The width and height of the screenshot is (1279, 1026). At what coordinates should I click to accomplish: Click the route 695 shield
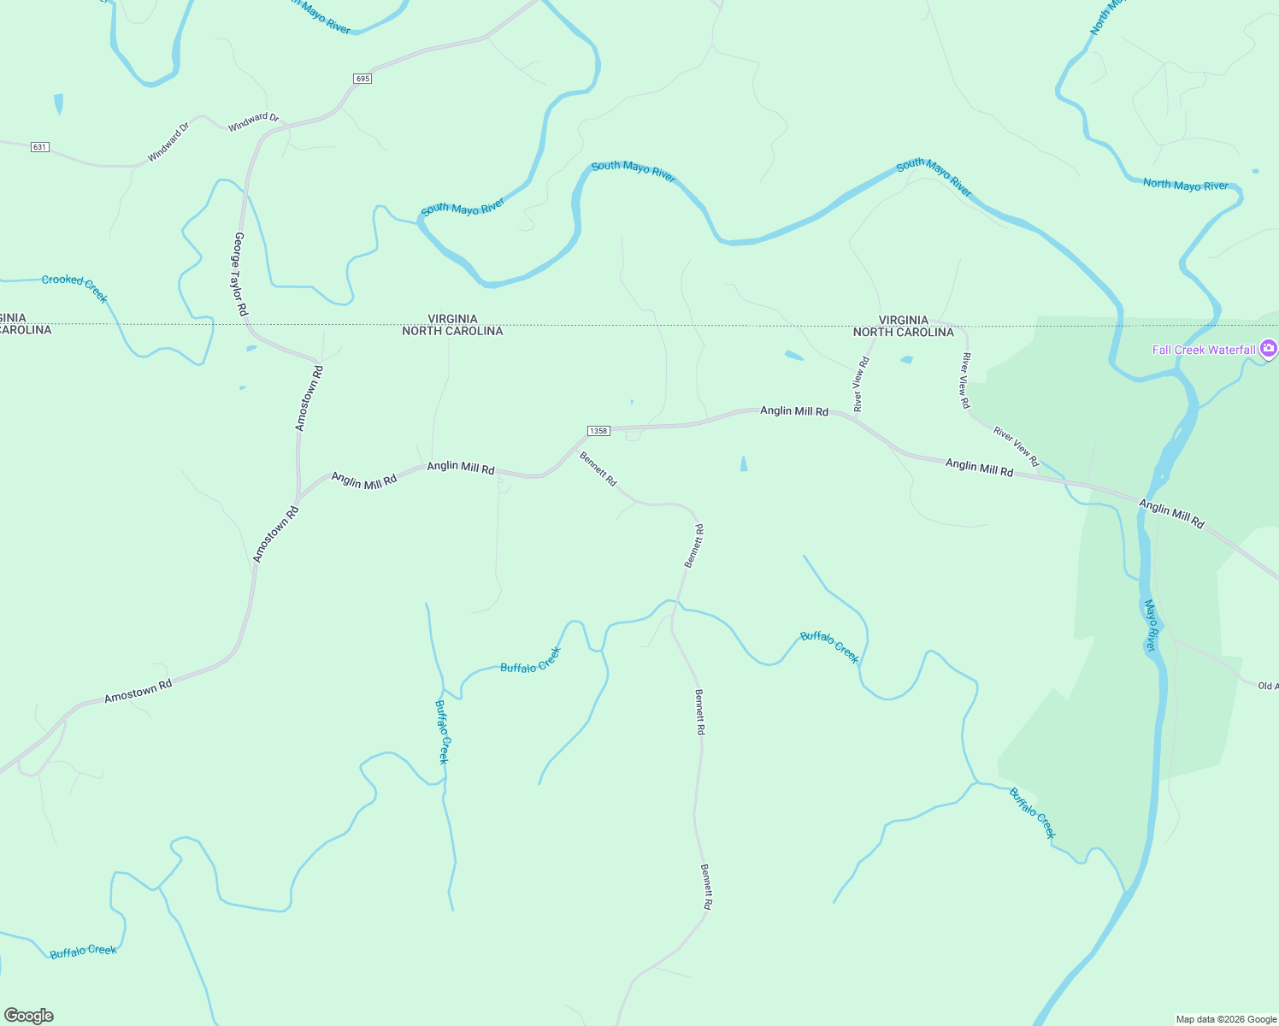362,79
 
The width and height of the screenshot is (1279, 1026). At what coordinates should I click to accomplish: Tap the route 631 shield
39,147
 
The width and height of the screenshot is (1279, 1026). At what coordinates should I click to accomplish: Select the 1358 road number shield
598,431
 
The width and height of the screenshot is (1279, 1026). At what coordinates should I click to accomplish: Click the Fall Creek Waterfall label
1204,350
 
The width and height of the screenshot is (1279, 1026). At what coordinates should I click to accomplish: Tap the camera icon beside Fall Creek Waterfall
1269,349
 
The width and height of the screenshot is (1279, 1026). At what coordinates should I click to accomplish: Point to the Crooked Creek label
75,287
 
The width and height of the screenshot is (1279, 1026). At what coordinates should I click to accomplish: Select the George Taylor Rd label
240,274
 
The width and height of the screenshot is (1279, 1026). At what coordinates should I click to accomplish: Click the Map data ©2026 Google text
1226,1019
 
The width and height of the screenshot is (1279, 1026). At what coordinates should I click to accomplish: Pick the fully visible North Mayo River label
1185,185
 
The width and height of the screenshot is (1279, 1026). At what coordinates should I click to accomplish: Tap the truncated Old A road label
1268,686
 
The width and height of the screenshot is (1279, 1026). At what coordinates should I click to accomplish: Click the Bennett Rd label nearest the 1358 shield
598,469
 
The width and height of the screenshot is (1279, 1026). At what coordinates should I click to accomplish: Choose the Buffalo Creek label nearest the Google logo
83,952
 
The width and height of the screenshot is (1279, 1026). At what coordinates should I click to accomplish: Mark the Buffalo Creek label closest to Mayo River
1033,812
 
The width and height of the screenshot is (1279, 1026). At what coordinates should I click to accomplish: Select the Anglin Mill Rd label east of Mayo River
1171,514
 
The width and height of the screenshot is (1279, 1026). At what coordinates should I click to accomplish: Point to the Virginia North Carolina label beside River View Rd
903,326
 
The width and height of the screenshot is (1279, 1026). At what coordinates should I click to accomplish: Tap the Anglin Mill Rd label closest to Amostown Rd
364,481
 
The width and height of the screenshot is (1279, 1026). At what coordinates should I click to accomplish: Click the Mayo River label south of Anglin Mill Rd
1151,626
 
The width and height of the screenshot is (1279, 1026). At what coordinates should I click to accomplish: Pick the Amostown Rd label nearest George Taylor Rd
309,398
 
